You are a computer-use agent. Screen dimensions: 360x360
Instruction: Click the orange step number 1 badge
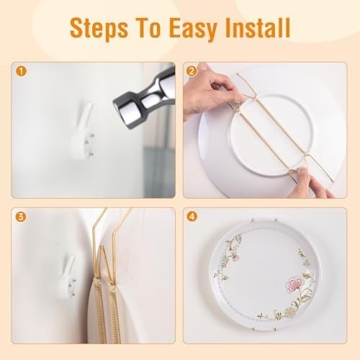tap(21, 71)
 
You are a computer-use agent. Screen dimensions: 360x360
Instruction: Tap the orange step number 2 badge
tap(192, 71)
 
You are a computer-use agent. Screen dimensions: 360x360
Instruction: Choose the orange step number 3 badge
tap(21, 216)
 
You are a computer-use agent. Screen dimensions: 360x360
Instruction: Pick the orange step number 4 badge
tap(192, 216)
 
